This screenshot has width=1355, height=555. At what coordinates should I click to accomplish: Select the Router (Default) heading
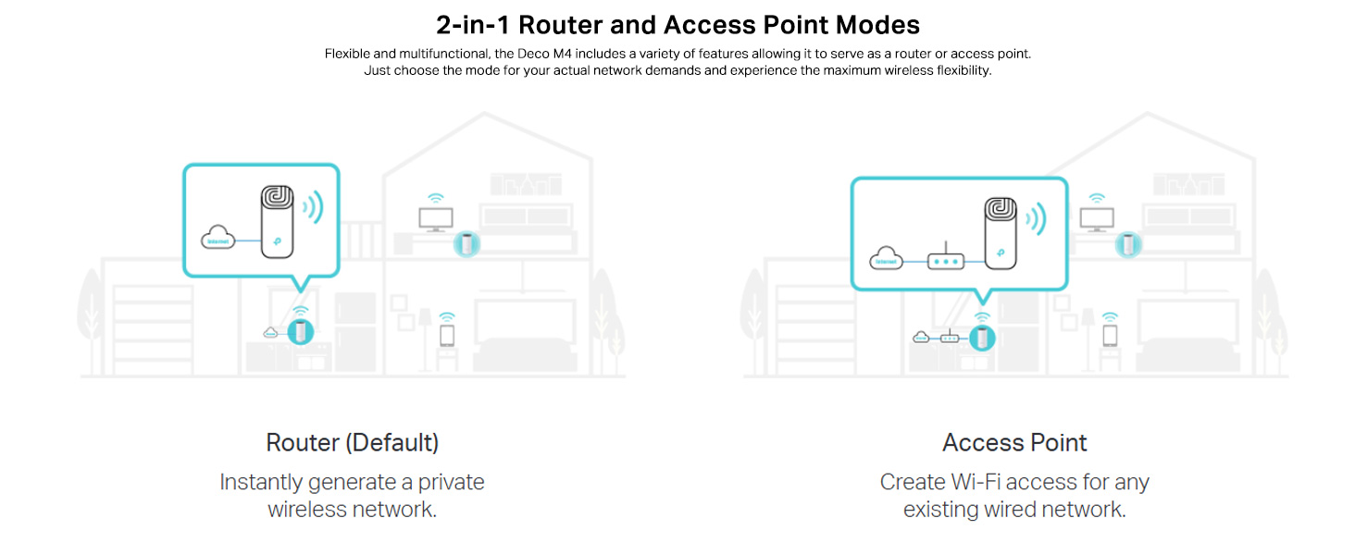coord(353,442)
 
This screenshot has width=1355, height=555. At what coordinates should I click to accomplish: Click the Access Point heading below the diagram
coord(1014,442)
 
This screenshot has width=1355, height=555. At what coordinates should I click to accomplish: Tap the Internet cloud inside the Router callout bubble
coord(218,240)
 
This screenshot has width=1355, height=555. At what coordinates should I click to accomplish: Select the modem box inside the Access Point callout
coord(946,261)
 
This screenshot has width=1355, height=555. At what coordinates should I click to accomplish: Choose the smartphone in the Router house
coord(447,334)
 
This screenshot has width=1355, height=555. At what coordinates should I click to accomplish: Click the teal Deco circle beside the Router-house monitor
coord(467,243)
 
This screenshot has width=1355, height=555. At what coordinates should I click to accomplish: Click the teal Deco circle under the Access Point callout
coord(983,338)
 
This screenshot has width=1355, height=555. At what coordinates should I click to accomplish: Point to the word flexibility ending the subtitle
coord(959,70)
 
